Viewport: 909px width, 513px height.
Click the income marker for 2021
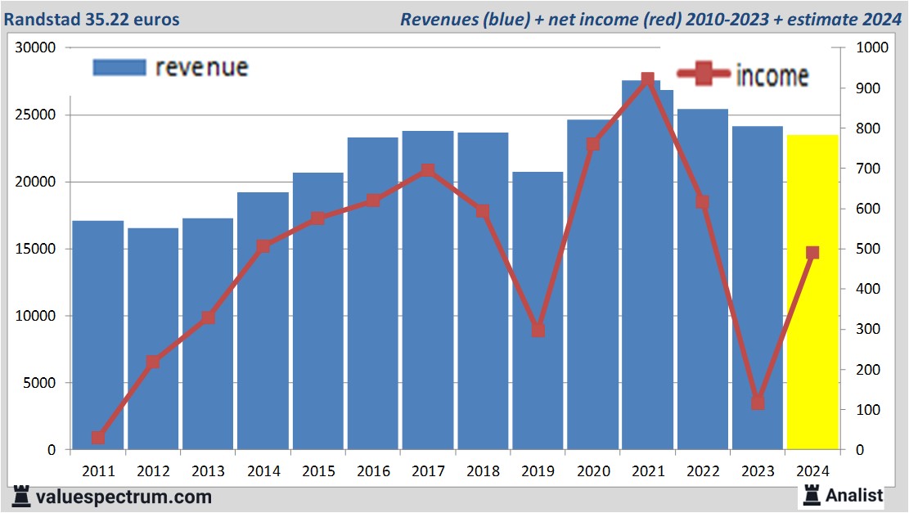click(648, 79)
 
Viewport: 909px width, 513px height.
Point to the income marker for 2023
click(758, 403)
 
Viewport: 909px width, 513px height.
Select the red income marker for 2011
click(98, 438)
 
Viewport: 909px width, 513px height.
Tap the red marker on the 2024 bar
click(812, 253)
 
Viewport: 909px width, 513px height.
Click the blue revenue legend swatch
click(119, 67)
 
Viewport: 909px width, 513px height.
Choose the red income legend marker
click(702, 74)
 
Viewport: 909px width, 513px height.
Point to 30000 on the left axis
click(34, 47)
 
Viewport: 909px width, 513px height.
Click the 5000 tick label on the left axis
click(38, 383)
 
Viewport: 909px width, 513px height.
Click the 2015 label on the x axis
click(318, 471)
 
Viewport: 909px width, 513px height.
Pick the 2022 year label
click(703, 471)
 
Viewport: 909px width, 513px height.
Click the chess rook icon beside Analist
click(812, 494)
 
